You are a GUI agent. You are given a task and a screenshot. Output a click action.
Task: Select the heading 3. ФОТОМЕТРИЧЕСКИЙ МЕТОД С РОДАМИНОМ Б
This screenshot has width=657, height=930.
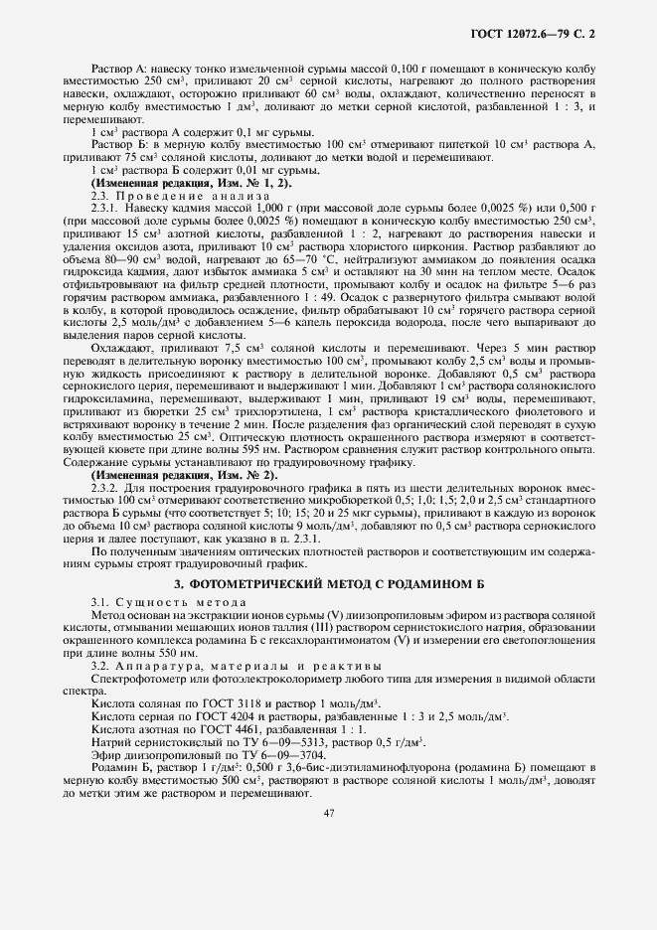tap(328, 582)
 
